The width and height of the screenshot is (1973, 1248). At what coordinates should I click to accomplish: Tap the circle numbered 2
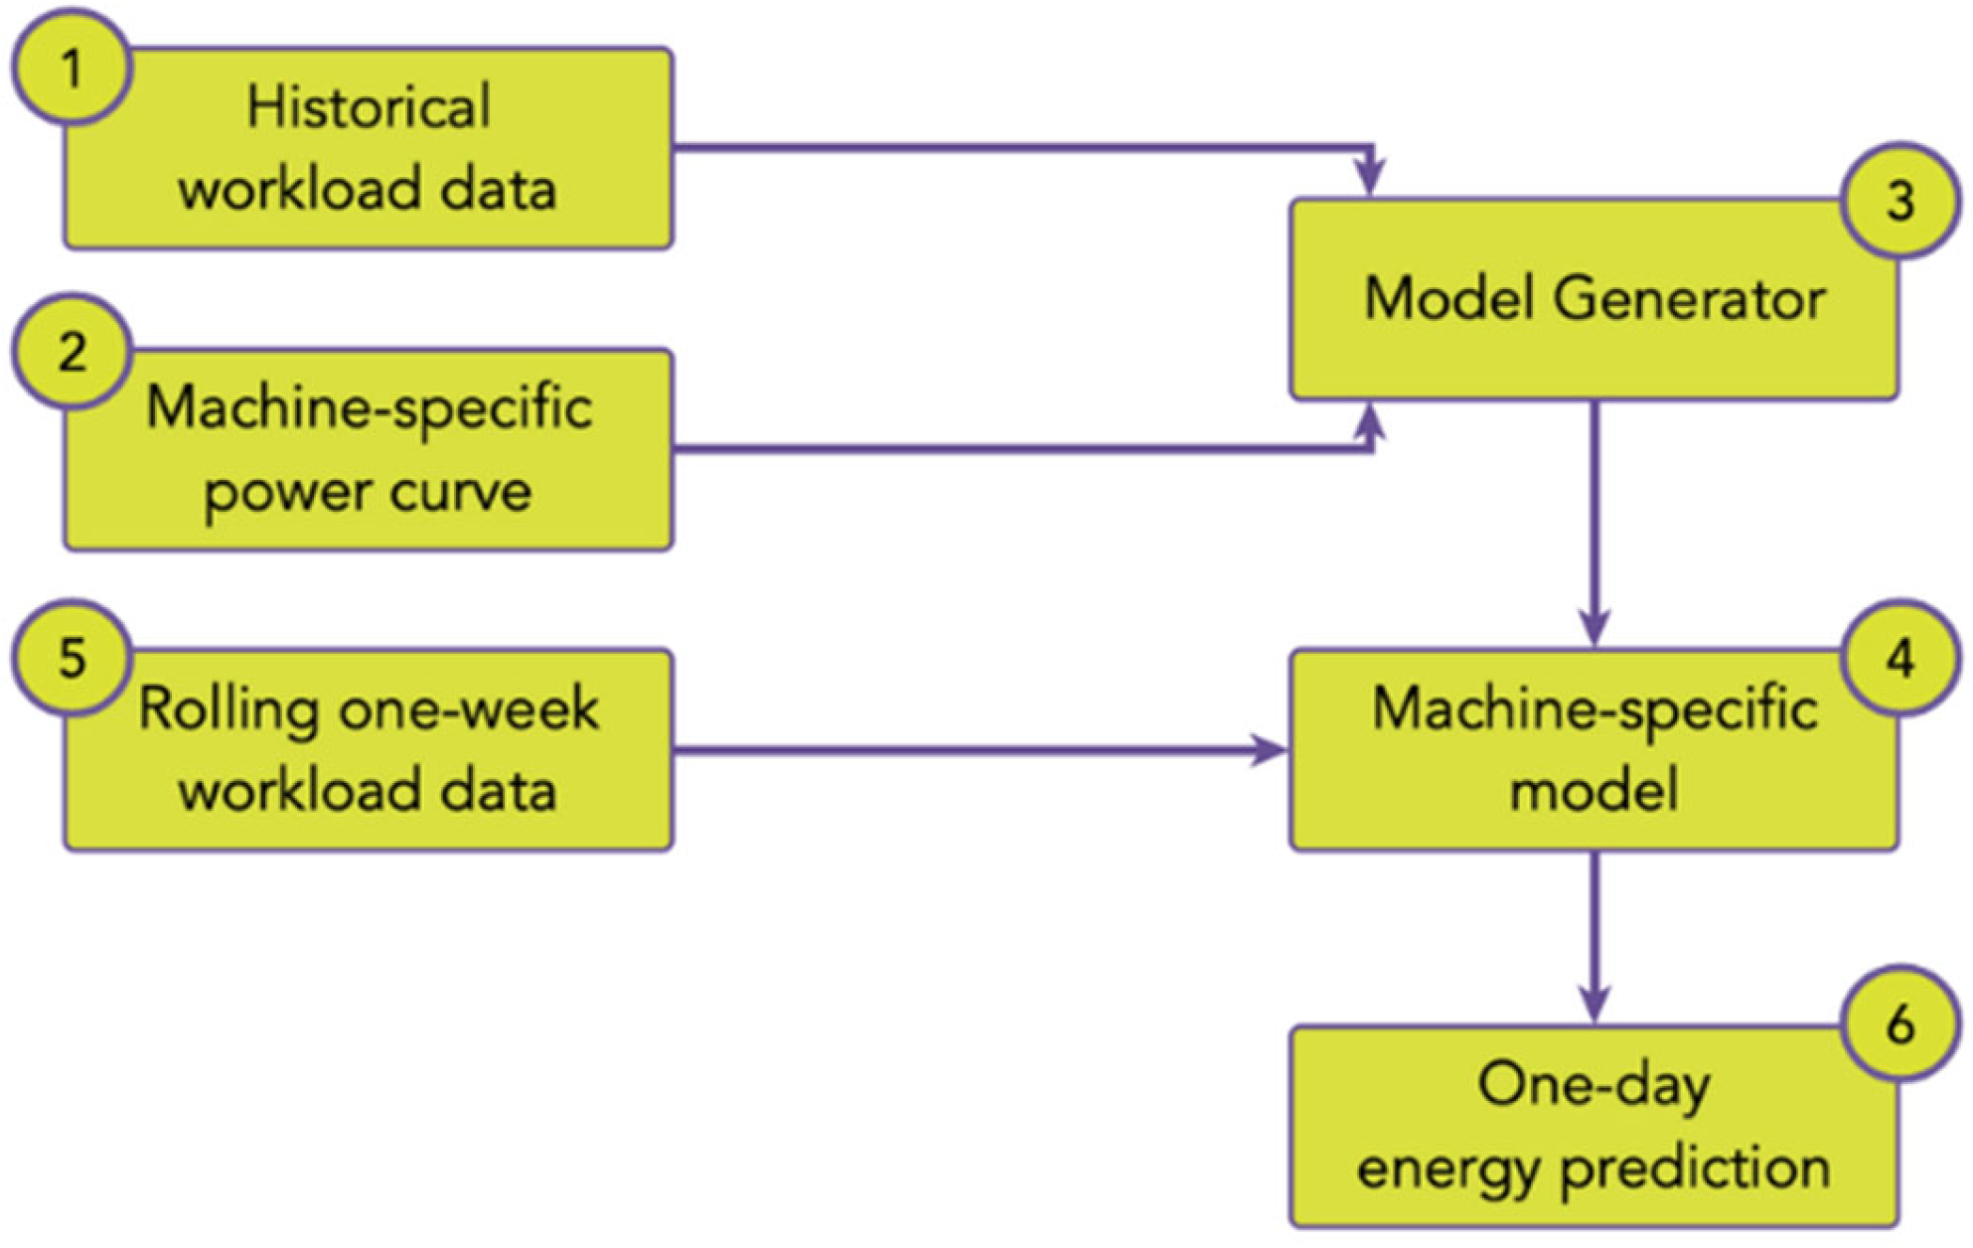pyautogui.click(x=72, y=353)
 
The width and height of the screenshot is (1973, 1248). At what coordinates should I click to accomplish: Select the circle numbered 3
pyautogui.click(x=1899, y=201)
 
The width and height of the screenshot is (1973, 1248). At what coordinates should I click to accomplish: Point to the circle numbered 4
pyautogui.click(x=1899, y=658)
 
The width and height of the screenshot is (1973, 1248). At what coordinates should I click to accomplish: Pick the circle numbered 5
pyautogui.click(x=72, y=658)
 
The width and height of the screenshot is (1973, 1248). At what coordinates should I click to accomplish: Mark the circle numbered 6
pyautogui.click(x=1899, y=1023)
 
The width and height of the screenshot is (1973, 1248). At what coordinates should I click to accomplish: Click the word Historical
pyautogui.click(x=369, y=106)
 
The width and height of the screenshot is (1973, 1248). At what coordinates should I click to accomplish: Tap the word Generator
pyautogui.click(x=1689, y=298)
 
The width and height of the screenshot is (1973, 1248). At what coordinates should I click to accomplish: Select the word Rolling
pyautogui.click(x=228, y=710)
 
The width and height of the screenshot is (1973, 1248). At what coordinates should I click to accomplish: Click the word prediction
pyautogui.click(x=1695, y=1169)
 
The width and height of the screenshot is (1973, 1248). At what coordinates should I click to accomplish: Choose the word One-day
pyautogui.click(x=1594, y=1085)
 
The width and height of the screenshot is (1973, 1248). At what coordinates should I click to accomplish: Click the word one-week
pyautogui.click(x=468, y=709)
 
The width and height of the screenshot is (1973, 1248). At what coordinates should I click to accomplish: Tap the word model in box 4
pyautogui.click(x=1594, y=791)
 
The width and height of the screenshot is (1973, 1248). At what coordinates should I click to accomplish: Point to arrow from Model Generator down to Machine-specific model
pyautogui.click(x=1594, y=517)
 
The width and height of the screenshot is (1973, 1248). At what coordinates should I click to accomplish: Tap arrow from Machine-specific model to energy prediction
pyautogui.click(x=1594, y=934)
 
